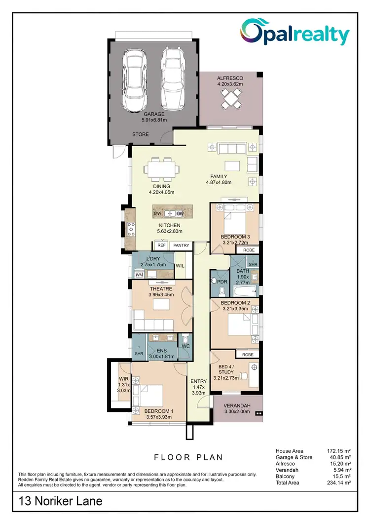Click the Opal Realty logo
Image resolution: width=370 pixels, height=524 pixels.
click(295, 32)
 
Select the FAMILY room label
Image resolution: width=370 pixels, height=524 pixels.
click(219, 176)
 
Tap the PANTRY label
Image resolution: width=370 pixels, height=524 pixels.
click(181, 245)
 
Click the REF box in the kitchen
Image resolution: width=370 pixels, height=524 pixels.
click(161, 245)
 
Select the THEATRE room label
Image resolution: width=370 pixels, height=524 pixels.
click(161, 289)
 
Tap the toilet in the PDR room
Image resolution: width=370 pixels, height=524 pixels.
click(222, 282)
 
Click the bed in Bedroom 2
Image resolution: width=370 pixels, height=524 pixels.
click(240, 325)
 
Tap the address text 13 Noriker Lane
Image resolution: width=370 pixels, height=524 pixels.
click(60, 502)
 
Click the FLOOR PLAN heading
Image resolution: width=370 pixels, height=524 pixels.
click(188, 457)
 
